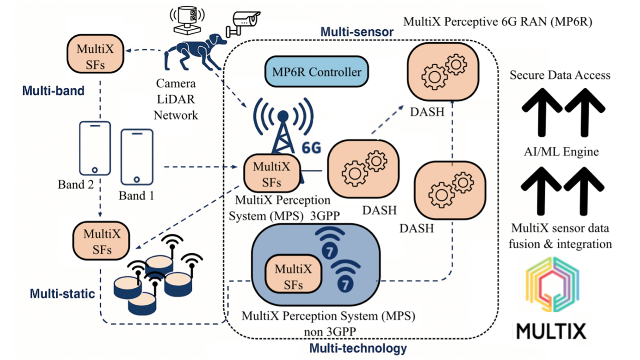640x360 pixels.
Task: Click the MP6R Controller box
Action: (x=317, y=72)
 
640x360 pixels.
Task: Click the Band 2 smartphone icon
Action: (x=95, y=148)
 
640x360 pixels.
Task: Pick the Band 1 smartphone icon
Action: (x=137, y=157)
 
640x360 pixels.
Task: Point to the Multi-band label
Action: (x=53, y=91)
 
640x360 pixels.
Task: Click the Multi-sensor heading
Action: (x=357, y=32)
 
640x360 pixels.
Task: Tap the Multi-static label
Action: (x=62, y=294)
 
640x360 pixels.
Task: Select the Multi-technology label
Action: (x=358, y=348)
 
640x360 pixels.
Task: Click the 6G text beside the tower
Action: (x=311, y=147)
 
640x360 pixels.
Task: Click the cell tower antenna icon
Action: (x=283, y=125)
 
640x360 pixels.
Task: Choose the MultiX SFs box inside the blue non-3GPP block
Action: (x=293, y=277)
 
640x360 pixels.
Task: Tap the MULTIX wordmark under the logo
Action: (x=551, y=331)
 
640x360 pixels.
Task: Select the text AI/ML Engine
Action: (x=561, y=152)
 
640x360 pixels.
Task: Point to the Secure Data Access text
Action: (x=560, y=75)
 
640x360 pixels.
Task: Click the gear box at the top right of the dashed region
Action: (x=443, y=71)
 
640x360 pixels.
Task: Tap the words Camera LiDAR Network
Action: (x=176, y=99)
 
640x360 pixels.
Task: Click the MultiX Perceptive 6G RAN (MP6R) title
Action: (x=497, y=22)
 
